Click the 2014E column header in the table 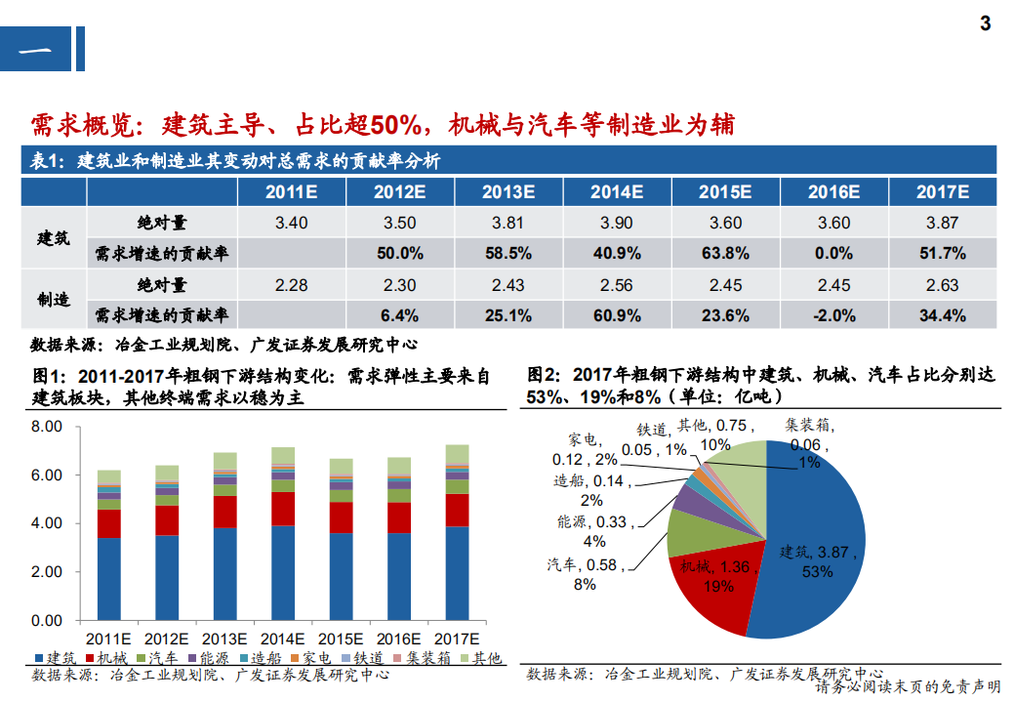coord(617,191)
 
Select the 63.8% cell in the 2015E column coord(725,254)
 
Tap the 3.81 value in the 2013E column coord(508,223)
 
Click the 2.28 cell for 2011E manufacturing coord(292,285)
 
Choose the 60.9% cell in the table coord(617,315)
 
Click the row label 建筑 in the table coord(54,238)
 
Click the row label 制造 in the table coord(54,300)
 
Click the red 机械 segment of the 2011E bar coord(108,523)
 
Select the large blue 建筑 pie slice coord(820,547)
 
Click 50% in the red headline coord(394,125)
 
